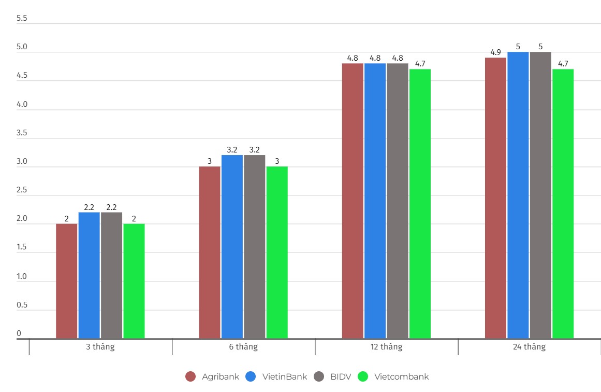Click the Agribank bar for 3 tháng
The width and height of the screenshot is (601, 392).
[x=66, y=281]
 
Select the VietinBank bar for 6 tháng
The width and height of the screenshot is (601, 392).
[x=232, y=247]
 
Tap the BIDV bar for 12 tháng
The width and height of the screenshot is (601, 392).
[x=398, y=201]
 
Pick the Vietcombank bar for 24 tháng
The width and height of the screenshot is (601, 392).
[x=563, y=204]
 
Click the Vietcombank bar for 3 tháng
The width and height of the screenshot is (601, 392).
[x=134, y=281]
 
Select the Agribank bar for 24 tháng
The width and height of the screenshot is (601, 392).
[x=495, y=198]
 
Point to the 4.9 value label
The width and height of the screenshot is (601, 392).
[x=495, y=52]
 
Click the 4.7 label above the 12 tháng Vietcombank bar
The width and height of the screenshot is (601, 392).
[x=420, y=64]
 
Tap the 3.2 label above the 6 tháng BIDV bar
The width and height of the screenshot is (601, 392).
[x=254, y=150]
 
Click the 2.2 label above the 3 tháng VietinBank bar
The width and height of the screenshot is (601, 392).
[x=89, y=207]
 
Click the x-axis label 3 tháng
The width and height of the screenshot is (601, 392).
[x=100, y=347]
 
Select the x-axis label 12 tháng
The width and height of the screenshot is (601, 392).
[x=386, y=347]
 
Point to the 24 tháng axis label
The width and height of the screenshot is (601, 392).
[x=529, y=347]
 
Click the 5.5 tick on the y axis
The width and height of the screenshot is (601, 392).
[x=22, y=18]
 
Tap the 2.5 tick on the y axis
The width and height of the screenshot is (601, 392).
[x=22, y=190]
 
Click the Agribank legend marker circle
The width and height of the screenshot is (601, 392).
[x=190, y=377]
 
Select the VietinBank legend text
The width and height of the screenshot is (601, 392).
[x=284, y=377]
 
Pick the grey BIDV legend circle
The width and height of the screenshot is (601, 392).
[x=319, y=377]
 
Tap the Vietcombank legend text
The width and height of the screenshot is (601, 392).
[x=401, y=377]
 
